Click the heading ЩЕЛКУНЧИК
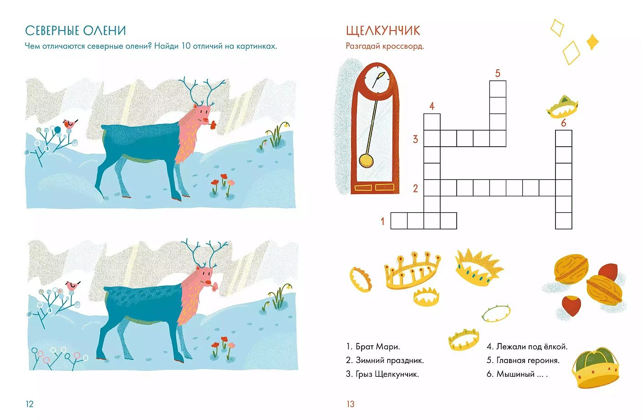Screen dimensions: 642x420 [383, 31]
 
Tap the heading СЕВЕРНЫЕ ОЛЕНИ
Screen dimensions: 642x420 [76, 31]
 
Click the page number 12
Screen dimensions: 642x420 [30, 404]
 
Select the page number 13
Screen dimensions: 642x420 [351, 404]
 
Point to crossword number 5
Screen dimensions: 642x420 [498, 73]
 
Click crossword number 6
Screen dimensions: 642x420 [564, 123]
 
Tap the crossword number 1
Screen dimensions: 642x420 [382, 221]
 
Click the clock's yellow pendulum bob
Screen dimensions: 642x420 [366, 160]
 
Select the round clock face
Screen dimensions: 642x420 [377, 79]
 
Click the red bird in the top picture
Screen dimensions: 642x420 [70, 123]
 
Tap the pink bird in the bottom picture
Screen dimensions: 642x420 [72, 286]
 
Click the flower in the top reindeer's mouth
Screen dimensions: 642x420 [212, 125]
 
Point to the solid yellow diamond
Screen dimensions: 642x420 [592, 42]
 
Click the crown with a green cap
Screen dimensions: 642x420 [595, 368]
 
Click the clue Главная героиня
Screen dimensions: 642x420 [528, 360]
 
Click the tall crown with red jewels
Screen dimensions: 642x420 [412, 271]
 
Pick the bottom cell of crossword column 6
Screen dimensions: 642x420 [564, 221]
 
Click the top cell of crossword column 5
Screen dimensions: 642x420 [498, 89]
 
